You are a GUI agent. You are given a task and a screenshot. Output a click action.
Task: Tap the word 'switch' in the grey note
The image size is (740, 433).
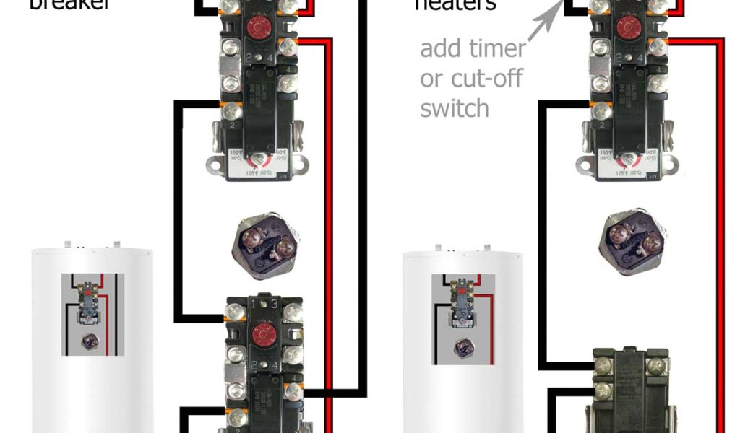tap(455, 108)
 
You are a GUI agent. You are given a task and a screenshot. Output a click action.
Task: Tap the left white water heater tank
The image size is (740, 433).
tap(92, 339)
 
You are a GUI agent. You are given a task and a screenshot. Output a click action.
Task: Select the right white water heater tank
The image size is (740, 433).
tap(462, 339)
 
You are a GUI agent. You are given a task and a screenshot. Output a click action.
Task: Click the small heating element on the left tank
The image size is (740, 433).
tap(90, 341)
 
